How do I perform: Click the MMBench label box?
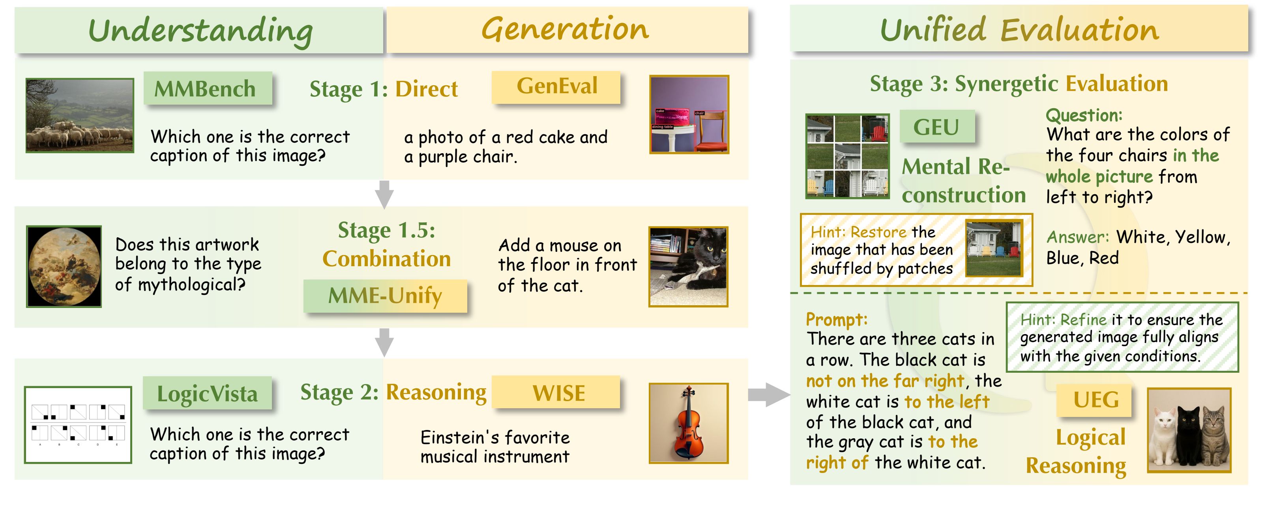[x=208, y=88]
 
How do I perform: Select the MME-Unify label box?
[x=385, y=296]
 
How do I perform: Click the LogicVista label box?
[x=208, y=393]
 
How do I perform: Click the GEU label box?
[x=937, y=127]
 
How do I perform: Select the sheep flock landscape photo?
[x=80, y=116]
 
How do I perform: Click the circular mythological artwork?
[x=64, y=267]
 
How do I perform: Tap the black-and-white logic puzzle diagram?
[x=78, y=424]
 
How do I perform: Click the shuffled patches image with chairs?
[x=847, y=156]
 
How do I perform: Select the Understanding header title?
[x=200, y=30]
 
